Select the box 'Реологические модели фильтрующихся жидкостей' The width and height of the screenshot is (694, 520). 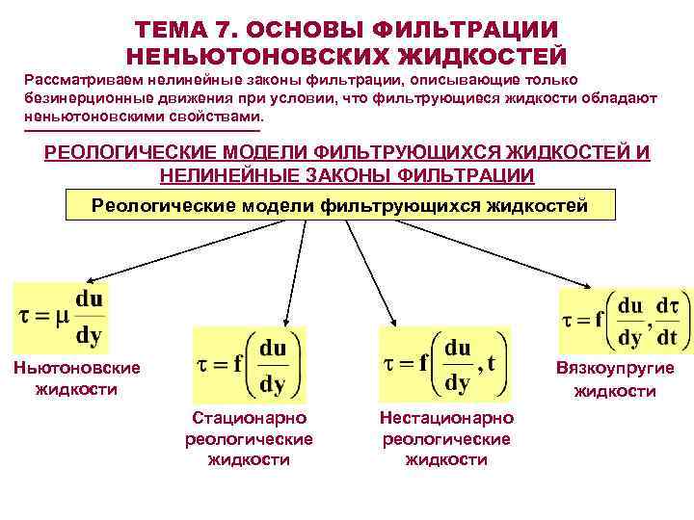[x=339, y=205]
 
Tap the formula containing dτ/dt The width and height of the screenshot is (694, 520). [x=624, y=321]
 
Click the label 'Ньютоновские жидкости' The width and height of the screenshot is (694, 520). [x=76, y=378]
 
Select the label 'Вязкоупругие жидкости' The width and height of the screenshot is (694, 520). [x=615, y=379]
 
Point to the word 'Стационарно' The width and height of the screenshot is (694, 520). [x=249, y=418]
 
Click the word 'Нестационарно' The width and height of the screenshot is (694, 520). [x=446, y=418]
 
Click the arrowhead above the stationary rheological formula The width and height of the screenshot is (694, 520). [x=284, y=322]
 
